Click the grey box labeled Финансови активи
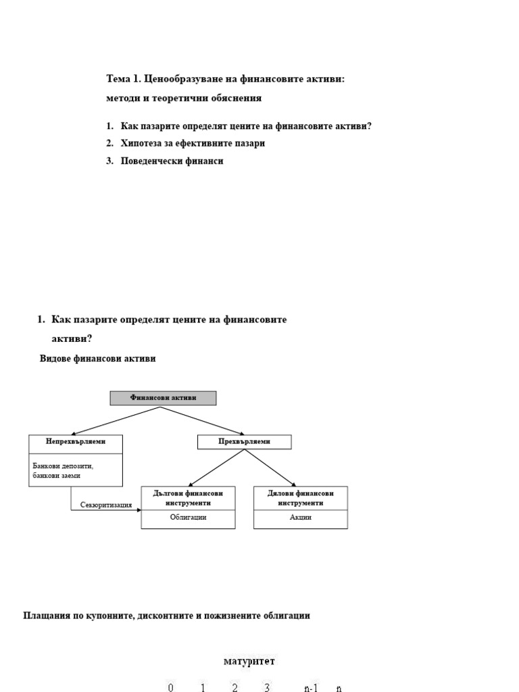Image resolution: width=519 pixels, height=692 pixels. (x=163, y=398)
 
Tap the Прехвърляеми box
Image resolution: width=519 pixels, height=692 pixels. (x=244, y=442)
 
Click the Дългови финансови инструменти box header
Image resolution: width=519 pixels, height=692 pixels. (x=188, y=498)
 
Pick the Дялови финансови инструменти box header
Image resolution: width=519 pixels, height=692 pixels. (x=300, y=498)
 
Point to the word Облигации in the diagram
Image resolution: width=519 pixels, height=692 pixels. (x=188, y=518)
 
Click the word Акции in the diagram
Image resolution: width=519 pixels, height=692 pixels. (x=300, y=518)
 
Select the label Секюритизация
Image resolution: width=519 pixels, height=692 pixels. (x=106, y=505)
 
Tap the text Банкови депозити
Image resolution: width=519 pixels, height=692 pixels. (x=63, y=466)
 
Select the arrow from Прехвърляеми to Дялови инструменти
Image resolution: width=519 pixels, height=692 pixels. (x=270, y=468)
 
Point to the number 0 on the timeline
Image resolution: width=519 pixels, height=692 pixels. (x=171, y=688)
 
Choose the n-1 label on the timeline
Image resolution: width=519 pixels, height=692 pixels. (x=310, y=688)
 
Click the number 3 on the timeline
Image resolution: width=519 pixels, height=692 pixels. (x=268, y=688)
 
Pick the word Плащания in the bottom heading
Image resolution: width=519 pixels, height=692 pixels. (x=45, y=616)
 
